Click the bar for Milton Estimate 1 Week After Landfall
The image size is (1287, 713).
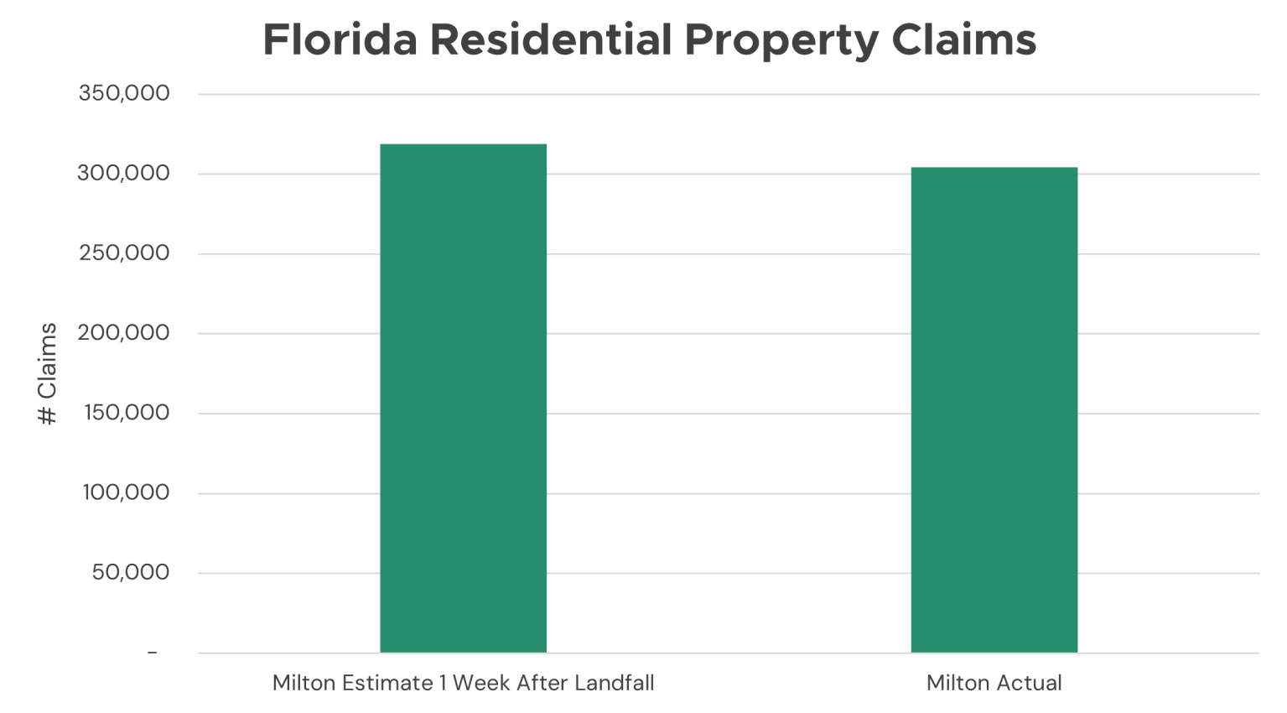tap(463, 398)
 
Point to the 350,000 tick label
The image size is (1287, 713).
tap(124, 93)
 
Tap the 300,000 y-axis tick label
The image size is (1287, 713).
tap(123, 173)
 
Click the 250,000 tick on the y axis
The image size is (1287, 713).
tap(124, 252)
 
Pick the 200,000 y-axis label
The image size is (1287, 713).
tap(123, 333)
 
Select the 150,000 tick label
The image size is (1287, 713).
tap(127, 413)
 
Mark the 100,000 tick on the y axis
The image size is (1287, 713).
tap(126, 492)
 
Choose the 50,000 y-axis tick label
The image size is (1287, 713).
tap(130, 572)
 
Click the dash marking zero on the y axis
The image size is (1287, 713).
tap(152, 653)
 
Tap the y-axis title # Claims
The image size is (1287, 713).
tap(48, 373)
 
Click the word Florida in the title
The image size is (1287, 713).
tap(340, 39)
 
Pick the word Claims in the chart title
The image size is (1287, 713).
tap(963, 39)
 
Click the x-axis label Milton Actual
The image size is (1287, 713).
tap(994, 683)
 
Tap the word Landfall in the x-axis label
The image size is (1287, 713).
tap(614, 683)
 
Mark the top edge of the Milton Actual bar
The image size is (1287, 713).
tap(994, 168)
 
